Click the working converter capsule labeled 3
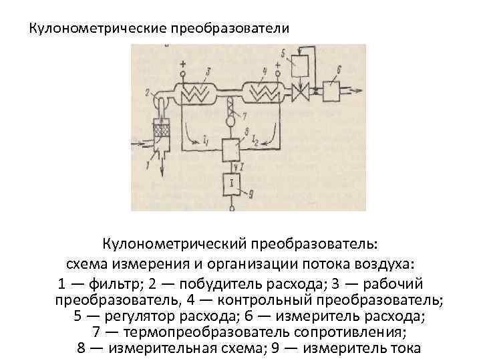point(199,93)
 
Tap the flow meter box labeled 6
point(331,90)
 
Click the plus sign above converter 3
point(182,66)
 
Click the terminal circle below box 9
point(232,207)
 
